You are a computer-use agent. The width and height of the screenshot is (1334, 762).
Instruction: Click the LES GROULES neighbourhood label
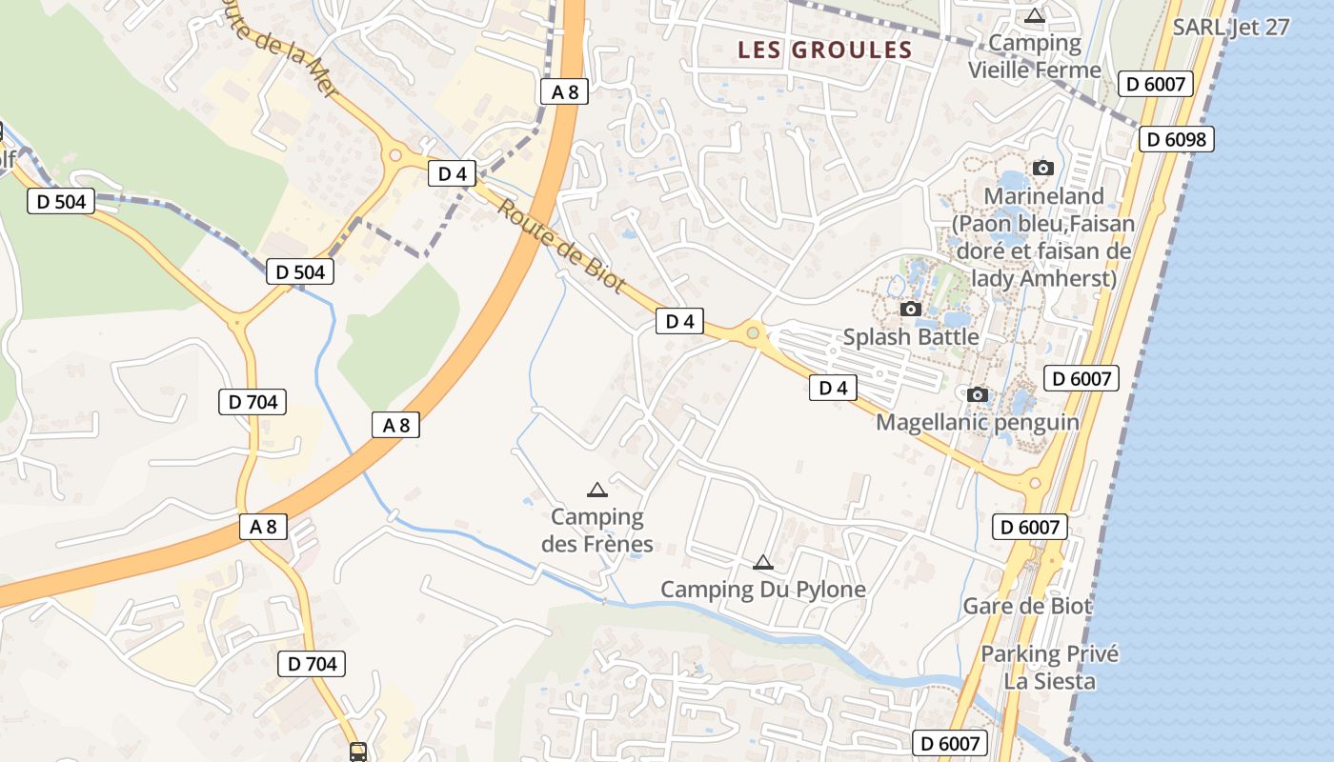pyautogui.click(x=825, y=50)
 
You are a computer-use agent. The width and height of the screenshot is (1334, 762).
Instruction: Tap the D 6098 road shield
pyautogui.click(x=1176, y=140)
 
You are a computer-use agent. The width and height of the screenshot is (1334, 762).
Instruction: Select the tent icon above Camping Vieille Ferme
pyautogui.click(x=1035, y=15)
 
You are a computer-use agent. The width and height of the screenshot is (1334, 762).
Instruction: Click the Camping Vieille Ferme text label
pyautogui.click(x=1035, y=56)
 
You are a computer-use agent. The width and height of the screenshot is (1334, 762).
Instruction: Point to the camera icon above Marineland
pyautogui.click(x=1043, y=169)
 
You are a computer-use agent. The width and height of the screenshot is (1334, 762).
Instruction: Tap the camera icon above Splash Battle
pyautogui.click(x=911, y=309)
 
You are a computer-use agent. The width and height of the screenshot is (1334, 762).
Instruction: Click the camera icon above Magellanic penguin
pyautogui.click(x=978, y=394)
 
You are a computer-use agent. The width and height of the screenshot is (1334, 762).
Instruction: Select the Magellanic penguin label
pyautogui.click(x=978, y=422)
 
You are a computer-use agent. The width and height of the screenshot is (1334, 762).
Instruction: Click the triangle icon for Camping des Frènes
pyautogui.click(x=597, y=491)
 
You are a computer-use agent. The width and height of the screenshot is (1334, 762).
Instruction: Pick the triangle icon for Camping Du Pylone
pyautogui.click(x=762, y=563)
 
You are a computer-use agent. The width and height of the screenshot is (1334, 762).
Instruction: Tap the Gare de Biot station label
pyautogui.click(x=1027, y=606)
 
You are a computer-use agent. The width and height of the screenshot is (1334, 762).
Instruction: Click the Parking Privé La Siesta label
pyautogui.click(x=1049, y=668)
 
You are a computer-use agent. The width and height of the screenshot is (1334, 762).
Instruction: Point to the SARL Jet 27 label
pyautogui.click(x=1231, y=27)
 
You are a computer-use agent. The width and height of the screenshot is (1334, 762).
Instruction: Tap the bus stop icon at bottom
pyautogui.click(x=358, y=752)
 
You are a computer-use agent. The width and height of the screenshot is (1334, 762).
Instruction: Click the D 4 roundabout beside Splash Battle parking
pyautogui.click(x=753, y=332)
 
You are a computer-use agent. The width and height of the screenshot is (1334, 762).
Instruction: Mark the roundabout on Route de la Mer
pyautogui.click(x=394, y=155)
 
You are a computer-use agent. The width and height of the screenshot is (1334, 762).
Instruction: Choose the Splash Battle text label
pyautogui.click(x=911, y=337)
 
